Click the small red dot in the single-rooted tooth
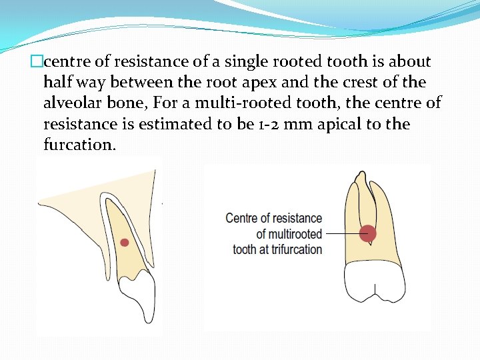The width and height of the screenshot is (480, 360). [x=124, y=243]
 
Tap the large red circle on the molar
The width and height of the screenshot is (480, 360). [x=367, y=233]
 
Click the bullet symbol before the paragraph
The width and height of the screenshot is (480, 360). [x=37, y=62]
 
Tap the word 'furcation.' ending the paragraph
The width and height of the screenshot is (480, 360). [x=79, y=145]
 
